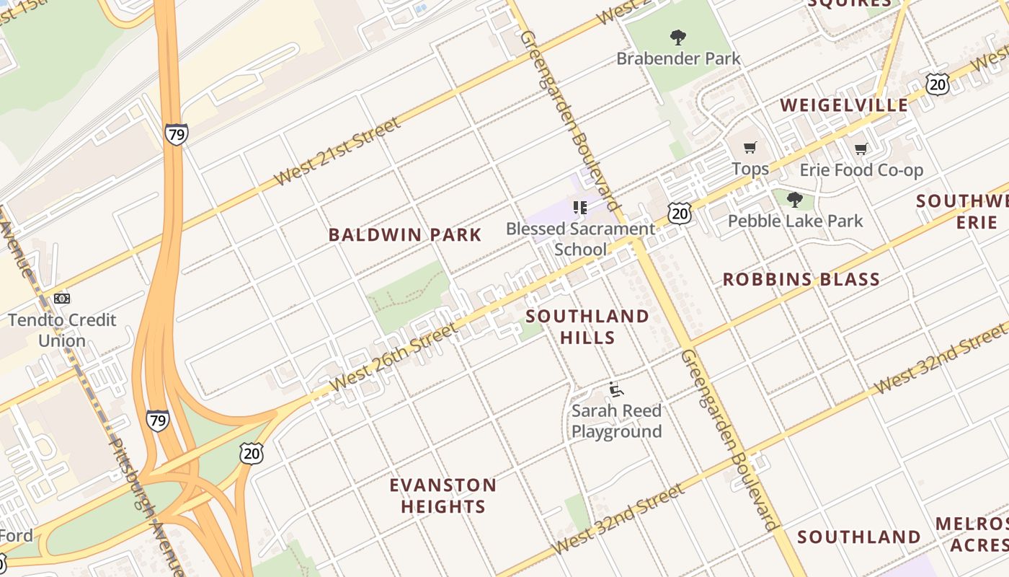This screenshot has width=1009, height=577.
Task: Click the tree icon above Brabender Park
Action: tap(677, 37)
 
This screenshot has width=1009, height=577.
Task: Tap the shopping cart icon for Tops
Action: tap(750, 148)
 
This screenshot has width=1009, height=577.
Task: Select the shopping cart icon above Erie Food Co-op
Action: tap(861, 149)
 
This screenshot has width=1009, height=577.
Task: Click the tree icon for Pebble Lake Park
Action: tap(795, 199)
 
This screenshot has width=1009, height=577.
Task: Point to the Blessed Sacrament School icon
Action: tap(580, 208)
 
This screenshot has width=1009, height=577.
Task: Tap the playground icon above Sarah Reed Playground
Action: tap(615, 389)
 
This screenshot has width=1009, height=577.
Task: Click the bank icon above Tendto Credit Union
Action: tap(62, 298)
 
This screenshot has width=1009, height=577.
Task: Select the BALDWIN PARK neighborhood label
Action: tap(405, 234)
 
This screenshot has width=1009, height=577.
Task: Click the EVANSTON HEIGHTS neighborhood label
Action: tap(443, 495)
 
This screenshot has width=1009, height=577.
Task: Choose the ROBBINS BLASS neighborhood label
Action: tap(801, 279)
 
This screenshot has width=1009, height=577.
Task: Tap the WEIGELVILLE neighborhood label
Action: tap(844, 105)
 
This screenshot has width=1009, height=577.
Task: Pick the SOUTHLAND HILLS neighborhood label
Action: tap(587, 327)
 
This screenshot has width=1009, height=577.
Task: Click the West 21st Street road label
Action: tap(337, 152)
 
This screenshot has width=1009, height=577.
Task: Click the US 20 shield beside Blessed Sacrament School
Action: tap(679, 212)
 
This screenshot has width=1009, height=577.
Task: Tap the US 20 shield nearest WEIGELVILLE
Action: tap(938, 84)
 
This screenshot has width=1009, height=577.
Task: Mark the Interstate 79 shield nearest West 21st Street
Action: tap(177, 134)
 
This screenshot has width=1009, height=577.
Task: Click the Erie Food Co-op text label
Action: tap(861, 170)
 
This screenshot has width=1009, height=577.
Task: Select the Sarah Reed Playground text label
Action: tap(616, 421)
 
